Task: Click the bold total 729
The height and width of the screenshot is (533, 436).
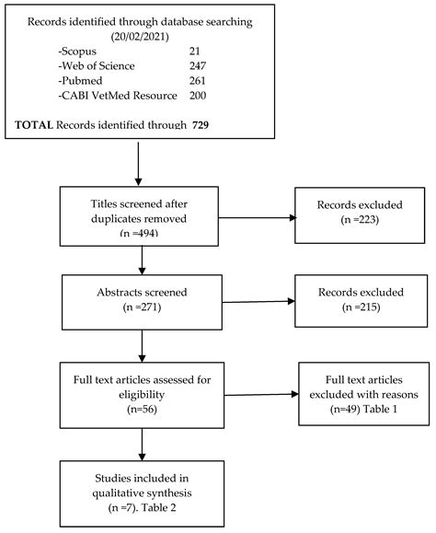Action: click(205, 124)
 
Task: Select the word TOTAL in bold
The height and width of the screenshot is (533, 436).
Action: click(37, 124)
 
